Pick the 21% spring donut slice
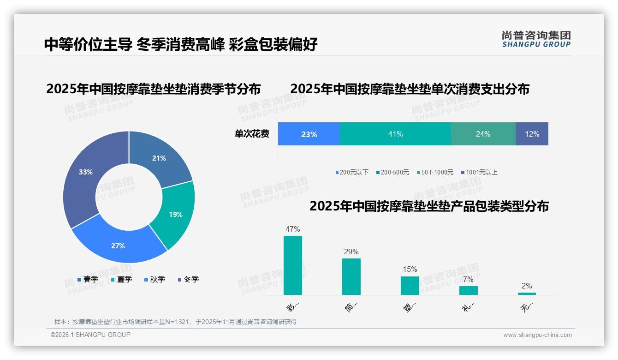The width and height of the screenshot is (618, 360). [159, 158]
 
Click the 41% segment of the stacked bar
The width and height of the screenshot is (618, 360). [395, 134]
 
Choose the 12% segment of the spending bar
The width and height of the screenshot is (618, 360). [532, 134]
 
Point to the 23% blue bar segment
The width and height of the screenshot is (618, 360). [309, 134]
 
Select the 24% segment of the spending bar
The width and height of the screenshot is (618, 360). [483, 134]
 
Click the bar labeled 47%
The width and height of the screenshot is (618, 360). [293, 265]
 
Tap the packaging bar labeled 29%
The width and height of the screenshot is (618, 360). [351, 276]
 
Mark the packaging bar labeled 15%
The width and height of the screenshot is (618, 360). [410, 285]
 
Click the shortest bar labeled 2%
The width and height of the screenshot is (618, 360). [527, 294]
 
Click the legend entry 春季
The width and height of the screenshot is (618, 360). [88, 279]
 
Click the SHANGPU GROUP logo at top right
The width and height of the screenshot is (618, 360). [536, 39]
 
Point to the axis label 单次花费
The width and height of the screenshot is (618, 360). [252, 134]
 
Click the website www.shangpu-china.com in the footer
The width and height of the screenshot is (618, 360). [537, 335]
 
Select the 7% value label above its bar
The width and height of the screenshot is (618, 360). [468, 279]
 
